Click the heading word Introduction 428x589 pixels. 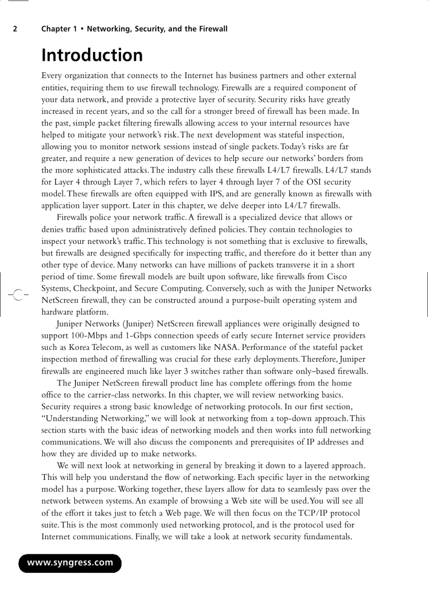[x=92, y=55]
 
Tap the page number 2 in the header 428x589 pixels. [x=15, y=29]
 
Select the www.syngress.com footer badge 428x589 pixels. [x=70, y=563]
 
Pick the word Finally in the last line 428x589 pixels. [x=148, y=537]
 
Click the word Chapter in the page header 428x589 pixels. [x=56, y=29]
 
